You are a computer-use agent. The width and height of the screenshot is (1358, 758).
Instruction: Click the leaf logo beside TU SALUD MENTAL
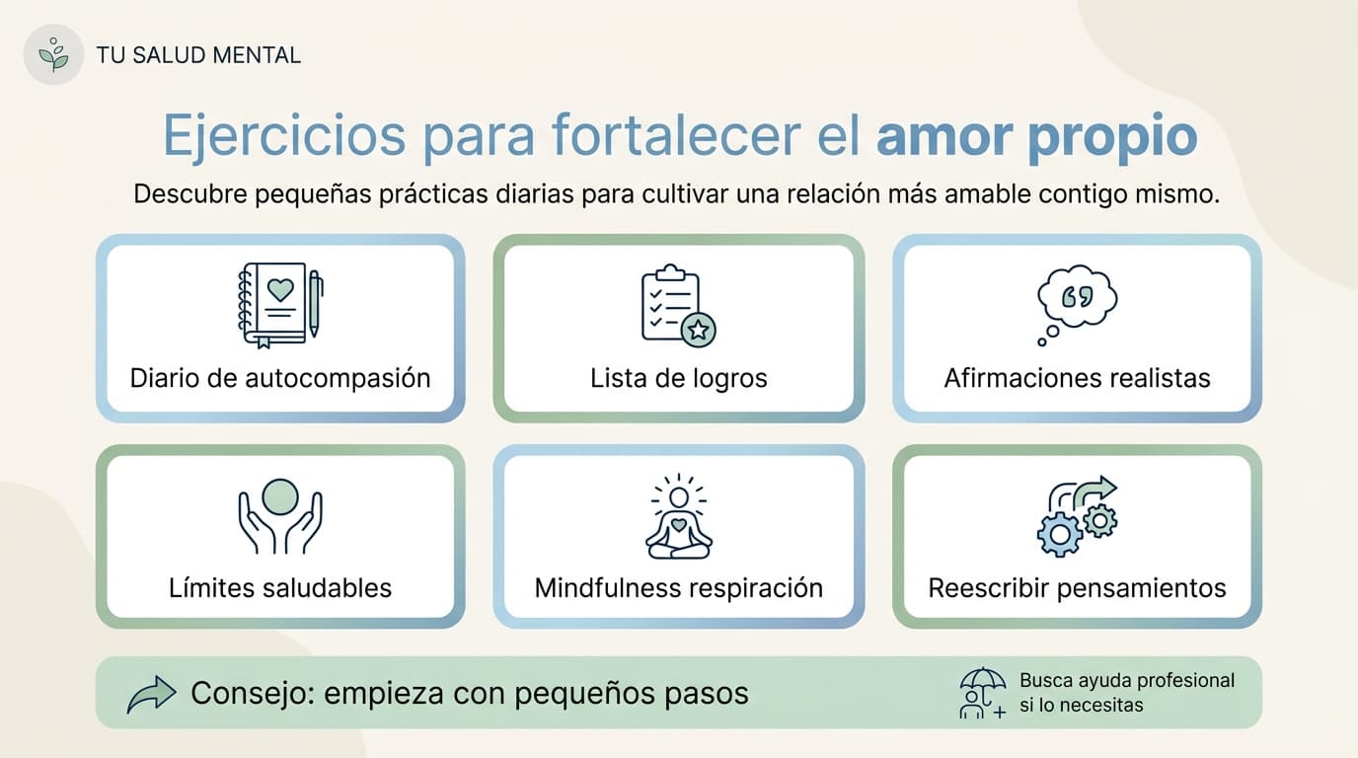pyautogui.click(x=53, y=54)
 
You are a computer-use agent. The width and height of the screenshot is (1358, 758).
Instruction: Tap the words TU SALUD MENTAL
pyautogui.click(x=198, y=55)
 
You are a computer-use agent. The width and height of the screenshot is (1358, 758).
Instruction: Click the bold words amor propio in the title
pyautogui.click(x=1036, y=136)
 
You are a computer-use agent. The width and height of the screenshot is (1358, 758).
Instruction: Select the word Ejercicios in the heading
pyautogui.click(x=283, y=136)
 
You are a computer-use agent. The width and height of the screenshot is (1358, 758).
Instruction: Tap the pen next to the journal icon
pyautogui.click(x=315, y=303)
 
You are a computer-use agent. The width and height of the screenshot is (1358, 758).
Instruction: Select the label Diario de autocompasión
pyautogui.click(x=280, y=378)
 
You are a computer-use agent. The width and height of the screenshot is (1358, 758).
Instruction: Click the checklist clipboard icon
pyautogui.click(x=672, y=303)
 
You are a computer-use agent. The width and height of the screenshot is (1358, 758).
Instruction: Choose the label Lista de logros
pyautogui.click(x=679, y=378)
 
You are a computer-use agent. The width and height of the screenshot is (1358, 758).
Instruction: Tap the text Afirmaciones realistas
pyautogui.click(x=1077, y=378)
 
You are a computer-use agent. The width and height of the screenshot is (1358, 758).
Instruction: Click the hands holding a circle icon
pyautogui.click(x=280, y=515)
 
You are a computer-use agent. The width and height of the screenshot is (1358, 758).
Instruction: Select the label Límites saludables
pyautogui.click(x=280, y=588)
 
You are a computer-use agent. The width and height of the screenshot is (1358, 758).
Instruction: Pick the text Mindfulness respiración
pyautogui.click(x=679, y=588)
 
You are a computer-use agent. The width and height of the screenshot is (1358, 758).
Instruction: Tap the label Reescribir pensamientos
pyautogui.click(x=1077, y=588)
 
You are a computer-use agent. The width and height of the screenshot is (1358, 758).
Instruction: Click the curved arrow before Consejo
pyautogui.click(x=152, y=694)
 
